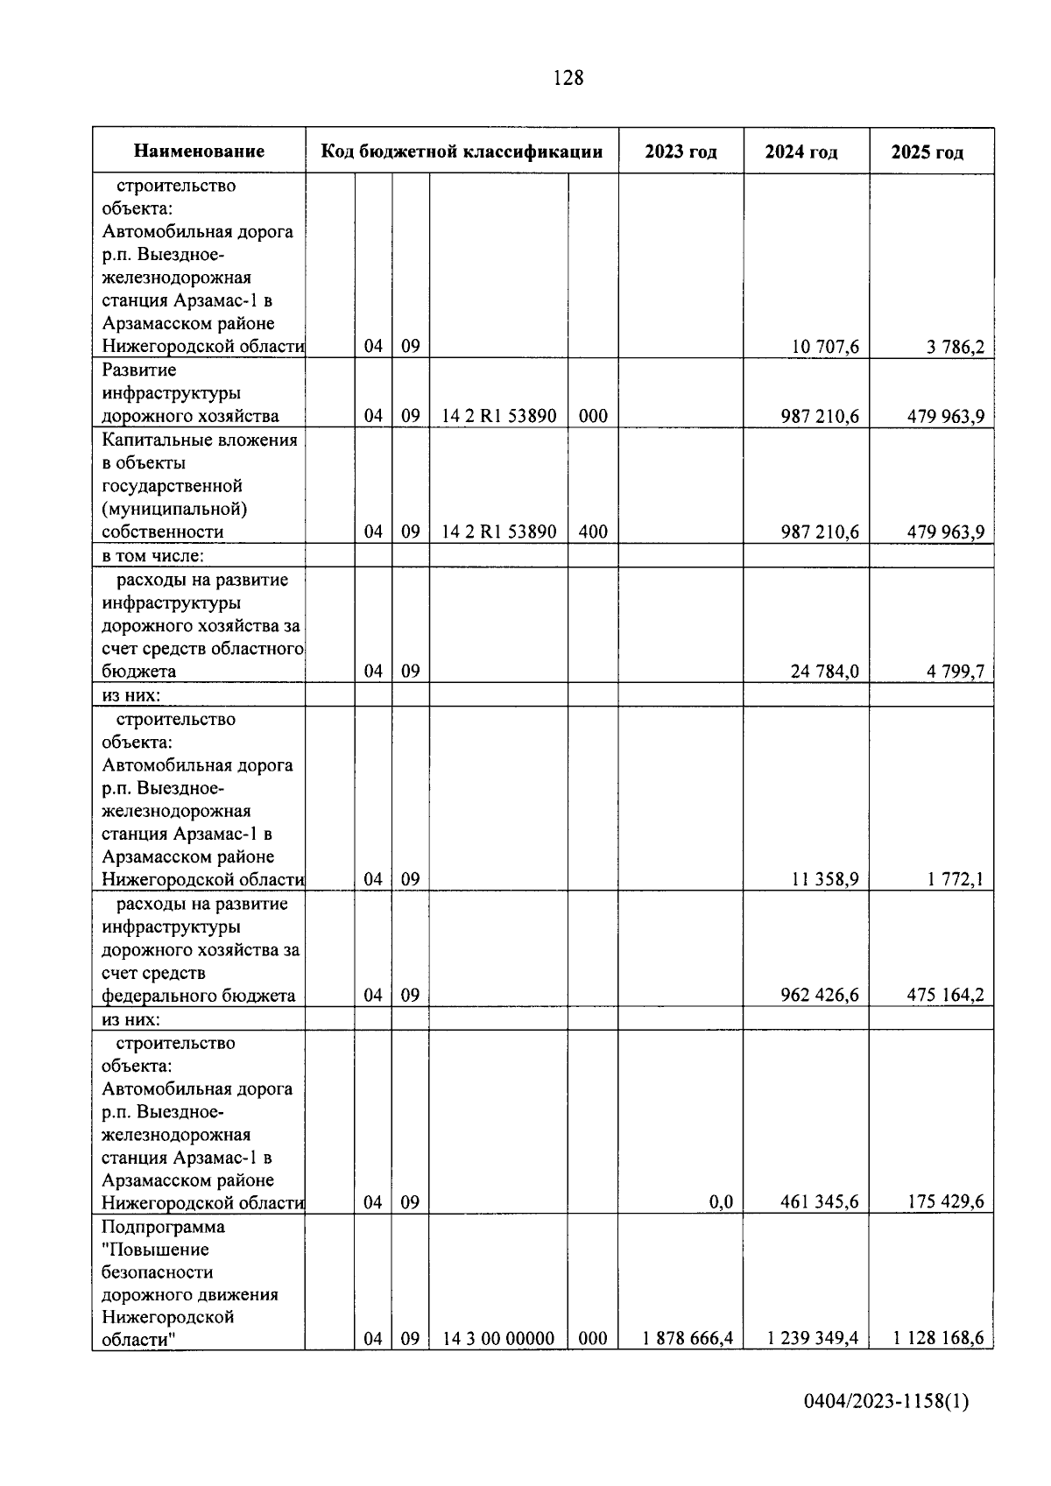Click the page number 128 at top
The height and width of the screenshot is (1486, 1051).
pyautogui.click(x=568, y=78)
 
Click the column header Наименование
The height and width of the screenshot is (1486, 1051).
pyautogui.click(x=199, y=151)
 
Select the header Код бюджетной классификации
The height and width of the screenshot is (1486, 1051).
pyautogui.click(x=462, y=151)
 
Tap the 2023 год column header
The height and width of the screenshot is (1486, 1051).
pyautogui.click(x=681, y=151)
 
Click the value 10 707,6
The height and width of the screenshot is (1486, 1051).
pyautogui.click(x=825, y=347)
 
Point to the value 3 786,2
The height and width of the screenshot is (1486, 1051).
pyautogui.click(x=956, y=347)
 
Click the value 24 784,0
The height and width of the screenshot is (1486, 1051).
pyautogui.click(x=825, y=672)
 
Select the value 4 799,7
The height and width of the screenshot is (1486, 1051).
pyautogui.click(x=956, y=672)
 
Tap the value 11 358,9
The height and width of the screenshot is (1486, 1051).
pyautogui.click(x=825, y=879)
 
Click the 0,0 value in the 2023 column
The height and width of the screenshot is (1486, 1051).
pyautogui.click(x=721, y=1202)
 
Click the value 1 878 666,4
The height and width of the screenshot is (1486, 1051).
pyautogui.click(x=687, y=1339)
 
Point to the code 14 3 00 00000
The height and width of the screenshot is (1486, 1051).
pyautogui.click(x=497, y=1339)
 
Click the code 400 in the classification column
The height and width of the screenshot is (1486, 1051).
pyautogui.click(x=593, y=532)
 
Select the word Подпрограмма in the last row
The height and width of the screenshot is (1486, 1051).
pyautogui.click(x=163, y=1226)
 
